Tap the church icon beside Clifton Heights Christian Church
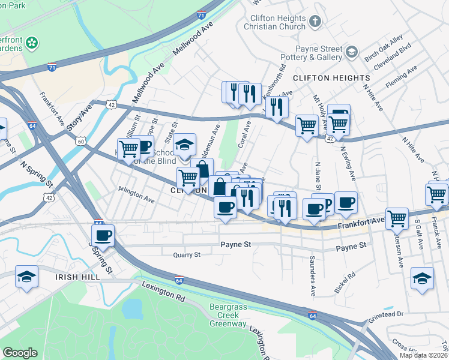(x=316, y=22)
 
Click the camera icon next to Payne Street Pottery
(x=352, y=52)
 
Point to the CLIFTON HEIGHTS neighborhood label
(x=331, y=78)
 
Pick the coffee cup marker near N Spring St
(x=102, y=235)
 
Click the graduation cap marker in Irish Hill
(x=26, y=277)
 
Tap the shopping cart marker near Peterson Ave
(x=397, y=219)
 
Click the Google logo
(x=20, y=353)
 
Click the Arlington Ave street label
(x=137, y=194)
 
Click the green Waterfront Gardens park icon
(x=32, y=43)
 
